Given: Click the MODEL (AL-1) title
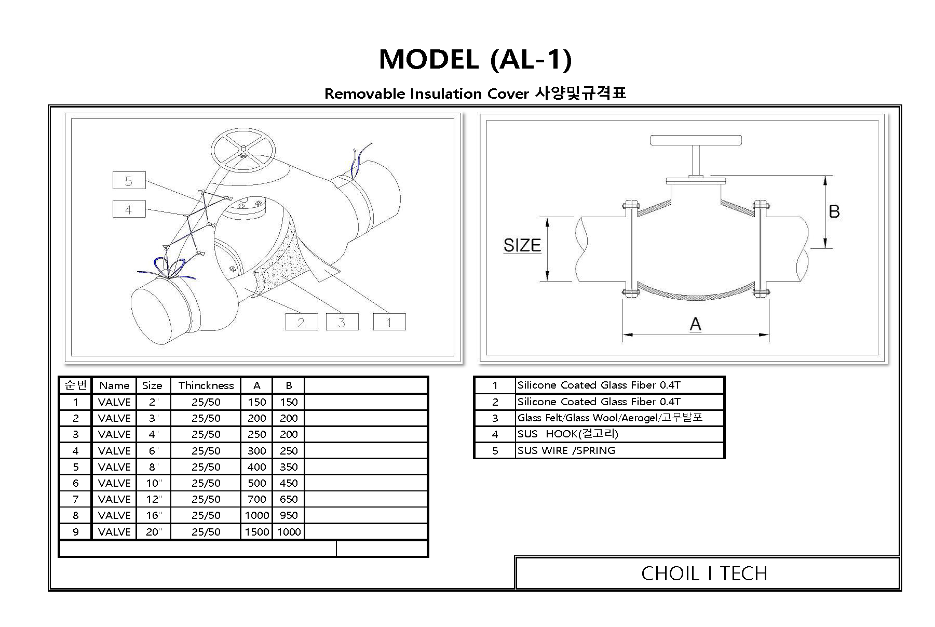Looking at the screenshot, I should (x=475, y=59).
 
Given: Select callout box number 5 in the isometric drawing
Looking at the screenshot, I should (x=129, y=181).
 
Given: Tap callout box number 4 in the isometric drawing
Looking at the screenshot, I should (x=129, y=209).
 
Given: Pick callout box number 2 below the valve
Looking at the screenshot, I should (x=301, y=322).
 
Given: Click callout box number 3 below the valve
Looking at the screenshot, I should (x=342, y=322).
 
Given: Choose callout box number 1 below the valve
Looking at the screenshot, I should (x=389, y=322).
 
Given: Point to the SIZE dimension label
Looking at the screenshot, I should (x=522, y=245).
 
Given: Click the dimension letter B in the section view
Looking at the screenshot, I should (x=834, y=211).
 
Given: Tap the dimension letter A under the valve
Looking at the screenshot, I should (x=695, y=324).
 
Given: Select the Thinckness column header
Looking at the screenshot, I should (x=206, y=385).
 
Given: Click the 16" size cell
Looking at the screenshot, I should (x=153, y=515).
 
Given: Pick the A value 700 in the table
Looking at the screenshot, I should (x=256, y=499).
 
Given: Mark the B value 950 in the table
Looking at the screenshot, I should (x=289, y=515).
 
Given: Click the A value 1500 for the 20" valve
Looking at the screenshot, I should (x=256, y=532).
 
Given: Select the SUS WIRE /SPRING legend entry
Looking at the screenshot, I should (x=566, y=450).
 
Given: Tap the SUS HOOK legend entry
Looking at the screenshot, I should (x=567, y=434).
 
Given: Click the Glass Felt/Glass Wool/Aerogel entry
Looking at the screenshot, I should (x=609, y=418).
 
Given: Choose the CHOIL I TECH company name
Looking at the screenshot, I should (x=703, y=573).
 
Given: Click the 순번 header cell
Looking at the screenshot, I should (x=75, y=385).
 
